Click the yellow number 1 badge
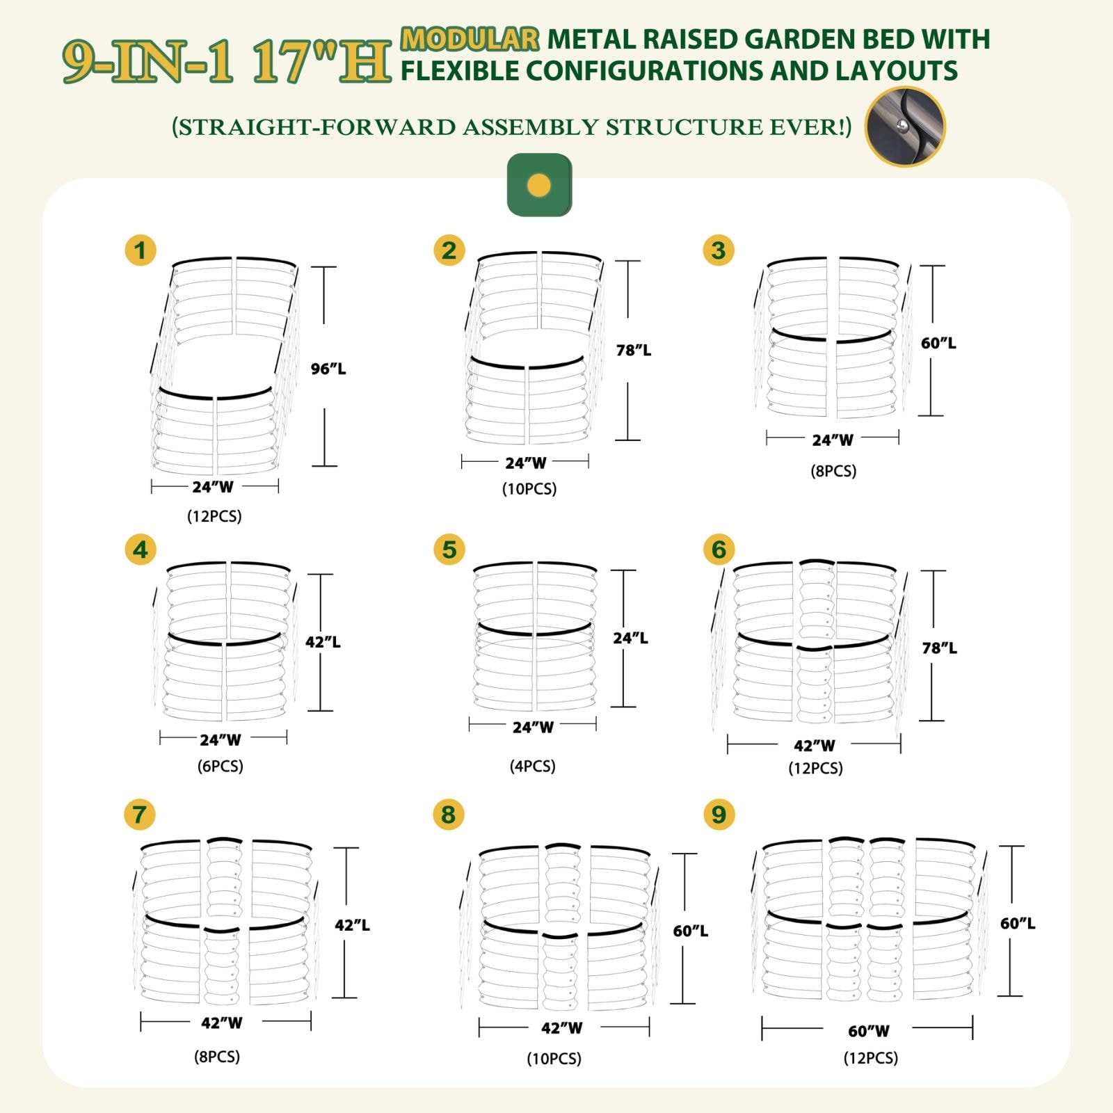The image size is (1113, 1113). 141,250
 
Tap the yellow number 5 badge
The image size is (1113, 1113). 449,550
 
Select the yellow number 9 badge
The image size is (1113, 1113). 719,815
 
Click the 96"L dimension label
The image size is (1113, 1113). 328,369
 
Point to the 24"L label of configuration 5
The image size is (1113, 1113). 630,638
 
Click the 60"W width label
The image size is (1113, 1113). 869,1030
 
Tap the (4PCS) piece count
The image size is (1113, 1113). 532,766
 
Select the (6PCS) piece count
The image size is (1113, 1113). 220,766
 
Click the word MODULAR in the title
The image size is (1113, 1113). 470,39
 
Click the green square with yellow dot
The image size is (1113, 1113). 539,185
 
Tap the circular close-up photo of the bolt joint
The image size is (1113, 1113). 905,127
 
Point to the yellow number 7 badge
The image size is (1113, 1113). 139,815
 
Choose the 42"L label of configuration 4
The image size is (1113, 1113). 323,642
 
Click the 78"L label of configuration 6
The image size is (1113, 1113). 939,648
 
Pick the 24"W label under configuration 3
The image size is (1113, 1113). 833,440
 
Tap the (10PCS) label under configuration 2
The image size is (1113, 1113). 529,488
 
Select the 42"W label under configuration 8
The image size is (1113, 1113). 562,1027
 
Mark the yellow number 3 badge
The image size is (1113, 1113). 719,250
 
